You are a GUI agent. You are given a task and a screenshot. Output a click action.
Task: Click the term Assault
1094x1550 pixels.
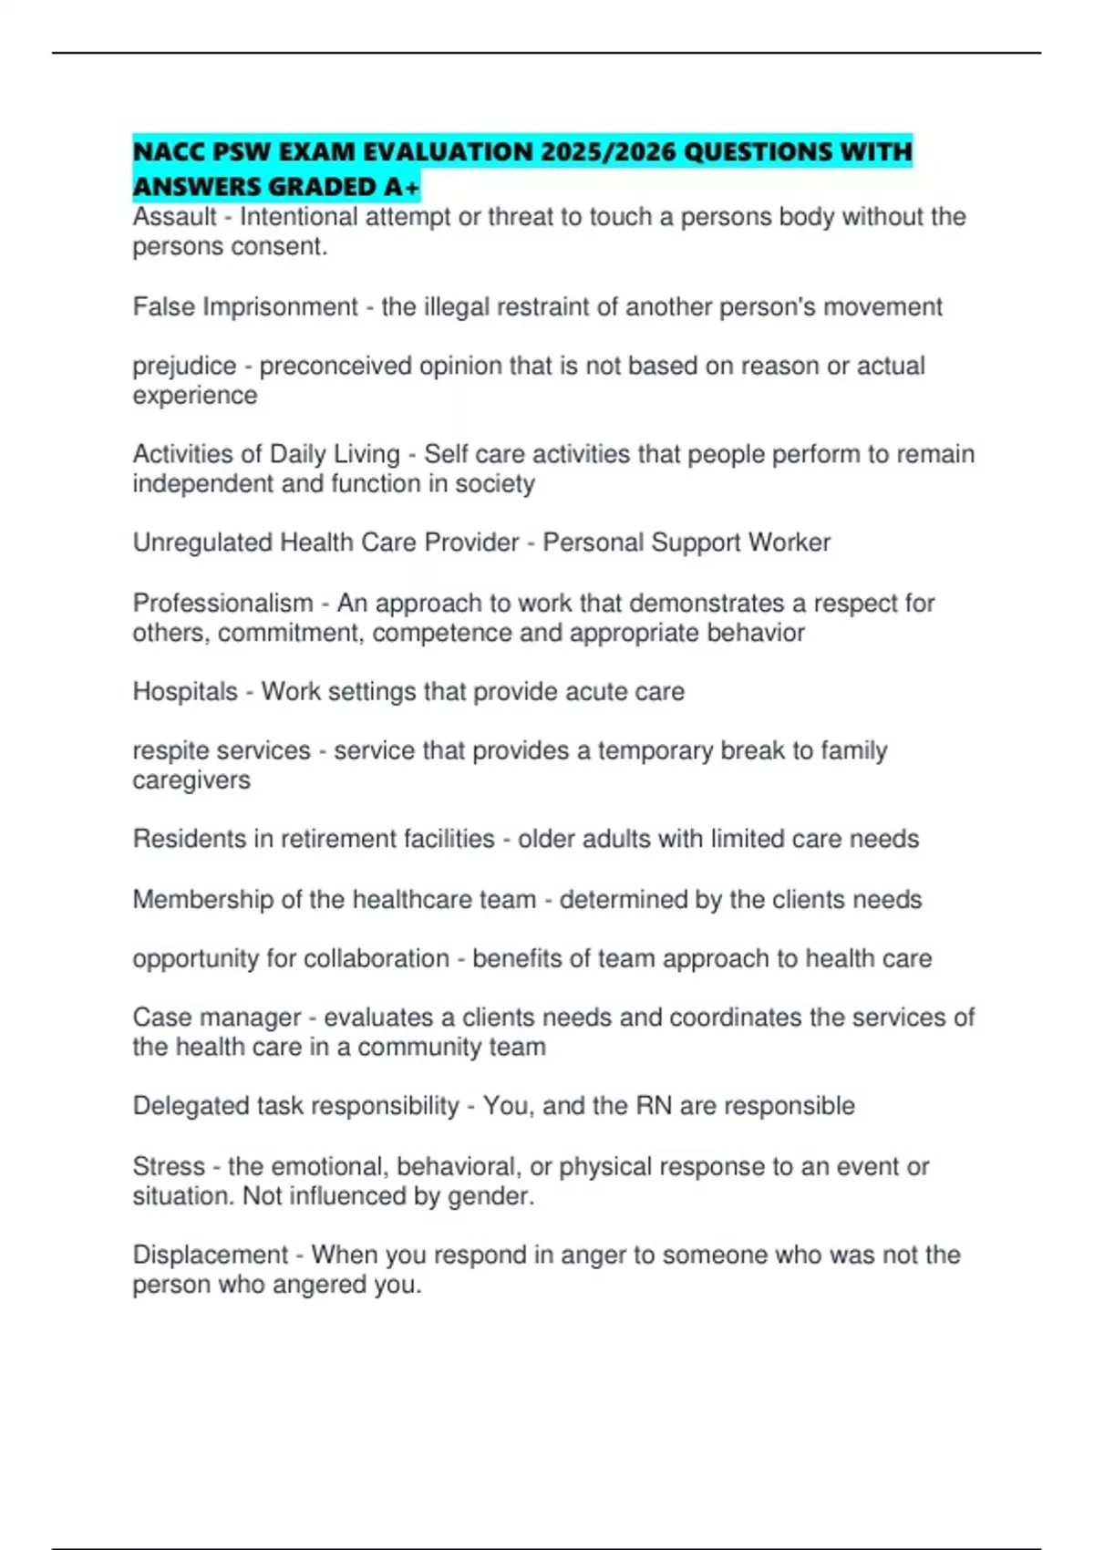tap(174, 217)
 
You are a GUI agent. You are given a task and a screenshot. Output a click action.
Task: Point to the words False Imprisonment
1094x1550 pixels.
tap(244, 306)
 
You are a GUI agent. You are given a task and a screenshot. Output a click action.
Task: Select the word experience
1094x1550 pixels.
tap(194, 396)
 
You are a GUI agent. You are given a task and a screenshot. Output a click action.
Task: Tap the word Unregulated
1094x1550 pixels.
tap(202, 542)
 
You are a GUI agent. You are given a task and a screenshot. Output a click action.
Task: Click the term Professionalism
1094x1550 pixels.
tap(222, 603)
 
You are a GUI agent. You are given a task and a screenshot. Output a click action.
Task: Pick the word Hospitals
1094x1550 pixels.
tap(185, 691)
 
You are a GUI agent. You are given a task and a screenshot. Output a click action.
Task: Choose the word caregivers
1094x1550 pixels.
tap(191, 780)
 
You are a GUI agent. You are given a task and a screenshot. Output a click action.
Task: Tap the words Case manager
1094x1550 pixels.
tap(216, 1017)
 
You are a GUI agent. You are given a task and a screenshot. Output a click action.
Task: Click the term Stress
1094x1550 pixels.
tap(169, 1166)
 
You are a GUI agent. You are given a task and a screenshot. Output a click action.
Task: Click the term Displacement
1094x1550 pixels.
tap(210, 1255)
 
